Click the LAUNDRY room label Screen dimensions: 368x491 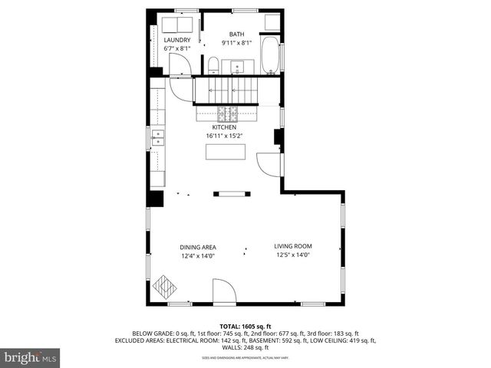(176, 40)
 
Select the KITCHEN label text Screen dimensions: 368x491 (224, 127)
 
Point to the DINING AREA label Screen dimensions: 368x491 (197, 247)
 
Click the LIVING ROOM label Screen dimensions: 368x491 (293, 246)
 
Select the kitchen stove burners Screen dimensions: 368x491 (227, 114)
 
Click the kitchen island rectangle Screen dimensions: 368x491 (226, 151)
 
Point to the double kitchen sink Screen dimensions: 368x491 (158, 138)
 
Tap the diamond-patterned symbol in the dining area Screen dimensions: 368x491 (164, 287)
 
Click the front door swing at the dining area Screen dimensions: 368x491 (222, 292)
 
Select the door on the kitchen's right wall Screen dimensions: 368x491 (269, 163)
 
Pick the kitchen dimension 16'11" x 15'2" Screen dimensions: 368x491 (224, 136)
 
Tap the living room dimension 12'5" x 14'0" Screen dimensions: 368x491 (293, 255)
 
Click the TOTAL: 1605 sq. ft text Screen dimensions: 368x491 (245, 327)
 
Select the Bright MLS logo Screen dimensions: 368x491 (31, 357)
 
